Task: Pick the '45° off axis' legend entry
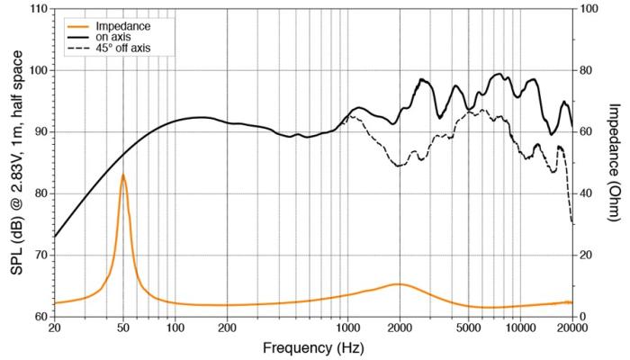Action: click(125, 47)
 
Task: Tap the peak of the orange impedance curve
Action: click(122, 175)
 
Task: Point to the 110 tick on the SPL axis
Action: click(37, 9)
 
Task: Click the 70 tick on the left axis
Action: click(40, 256)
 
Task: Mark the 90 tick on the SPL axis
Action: click(40, 132)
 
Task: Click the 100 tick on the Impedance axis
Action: click(588, 9)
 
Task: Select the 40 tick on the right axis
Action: click(585, 193)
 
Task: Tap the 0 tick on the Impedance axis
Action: click(582, 317)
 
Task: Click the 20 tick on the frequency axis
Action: click(54, 328)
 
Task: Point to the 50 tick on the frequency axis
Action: click(122, 328)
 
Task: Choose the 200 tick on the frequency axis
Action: click(227, 328)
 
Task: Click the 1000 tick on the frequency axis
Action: click(347, 328)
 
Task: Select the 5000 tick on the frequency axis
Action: click(468, 328)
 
